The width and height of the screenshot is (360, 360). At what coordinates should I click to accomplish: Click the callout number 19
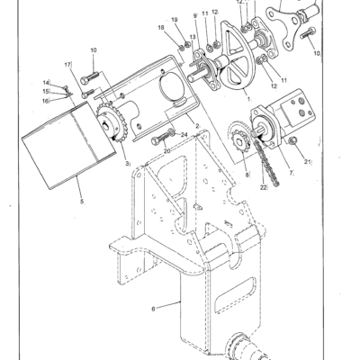175,20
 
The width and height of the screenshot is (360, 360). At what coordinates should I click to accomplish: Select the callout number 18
162,29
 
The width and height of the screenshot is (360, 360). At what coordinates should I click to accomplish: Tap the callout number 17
67,65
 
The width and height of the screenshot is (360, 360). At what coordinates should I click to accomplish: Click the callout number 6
153,309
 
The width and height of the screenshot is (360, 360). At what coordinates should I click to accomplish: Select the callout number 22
263,187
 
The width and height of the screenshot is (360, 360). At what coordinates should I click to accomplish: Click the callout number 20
166,151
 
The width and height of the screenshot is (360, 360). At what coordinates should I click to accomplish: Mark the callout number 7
290,172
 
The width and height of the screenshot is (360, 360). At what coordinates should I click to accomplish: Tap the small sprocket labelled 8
240,141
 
